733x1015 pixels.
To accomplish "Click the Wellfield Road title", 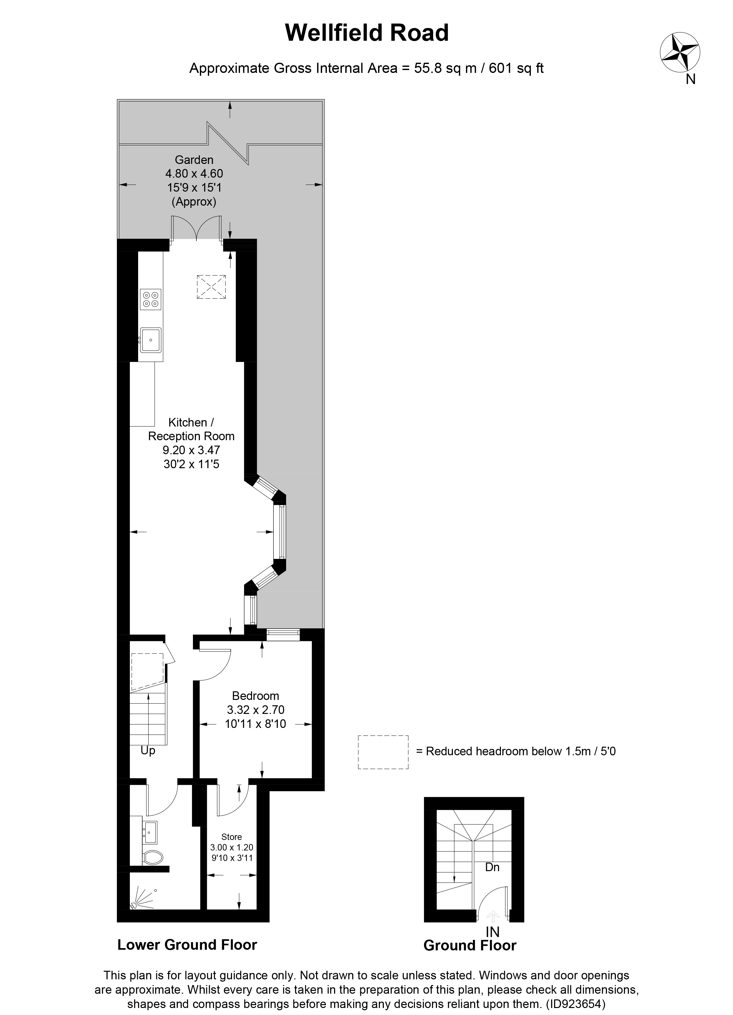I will pos(367,33).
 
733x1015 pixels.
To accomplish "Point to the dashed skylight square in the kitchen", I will pos(211,287).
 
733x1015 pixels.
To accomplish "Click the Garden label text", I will pos(194,160).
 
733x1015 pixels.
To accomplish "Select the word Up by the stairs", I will pos(148,751).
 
